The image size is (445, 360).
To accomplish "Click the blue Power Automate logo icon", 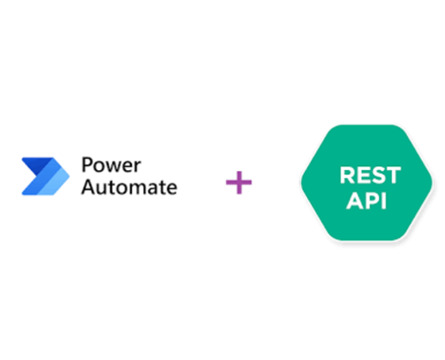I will pyautogui.click(x=45, y=176).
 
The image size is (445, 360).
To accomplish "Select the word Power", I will pyautogui.click(x=111, y=166).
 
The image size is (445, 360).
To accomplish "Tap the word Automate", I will pyautogui.click(x=129, y=186).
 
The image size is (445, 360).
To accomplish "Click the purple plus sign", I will pyautogui.click(x=239, y=182).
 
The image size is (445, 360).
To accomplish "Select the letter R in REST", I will pyautogui.click(x=347, y=176).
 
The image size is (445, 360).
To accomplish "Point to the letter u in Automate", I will pyautogui.click(x=102, y=187).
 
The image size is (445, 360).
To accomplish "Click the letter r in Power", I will pyautogui.click(x=137, y=167).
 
